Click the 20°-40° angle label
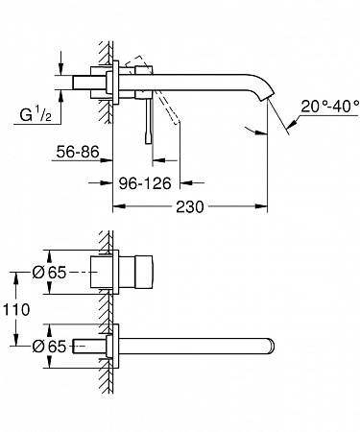323,106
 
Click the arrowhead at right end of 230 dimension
262,204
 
